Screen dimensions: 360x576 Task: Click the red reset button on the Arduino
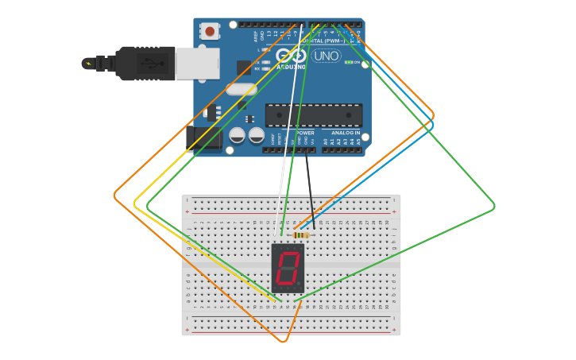[x=210, y=31]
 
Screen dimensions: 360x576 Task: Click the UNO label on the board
[x=327, y=56]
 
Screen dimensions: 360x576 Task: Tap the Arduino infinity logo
[x=291, y=55]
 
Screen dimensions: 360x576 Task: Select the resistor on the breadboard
[x=301, y=234]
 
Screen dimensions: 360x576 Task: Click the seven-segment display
[x=288, y=268]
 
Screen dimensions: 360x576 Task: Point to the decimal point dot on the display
[x=300, y=285]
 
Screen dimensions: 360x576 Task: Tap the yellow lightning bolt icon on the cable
[x=88, y=64]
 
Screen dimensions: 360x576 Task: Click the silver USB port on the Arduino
[x=197, y=64]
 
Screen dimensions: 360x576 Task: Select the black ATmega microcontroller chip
[x=313, y=115]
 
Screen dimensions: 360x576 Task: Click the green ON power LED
[x=349, y=62]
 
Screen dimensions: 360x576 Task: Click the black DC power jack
[x=205, y=140]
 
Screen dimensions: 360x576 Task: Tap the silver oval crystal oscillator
[x=241, y=89]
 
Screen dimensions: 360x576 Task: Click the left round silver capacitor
[x=237, y=135]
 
